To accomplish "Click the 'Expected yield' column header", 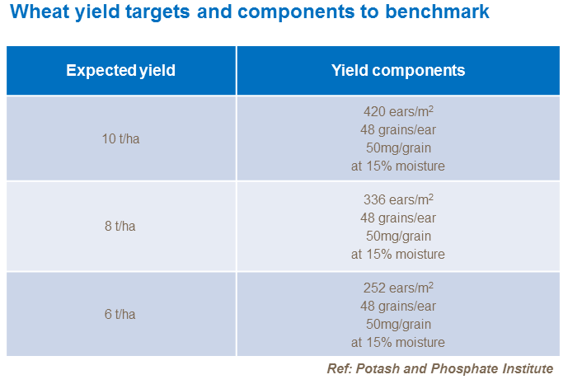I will click(120, 71).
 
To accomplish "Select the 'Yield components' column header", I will click(397, 71).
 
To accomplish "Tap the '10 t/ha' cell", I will click(120, 138).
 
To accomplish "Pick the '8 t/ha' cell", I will click(120, 227).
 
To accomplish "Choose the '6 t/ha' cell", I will click(120, 315).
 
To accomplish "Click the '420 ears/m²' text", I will click(397, 111).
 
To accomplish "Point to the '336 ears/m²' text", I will click(397, 199).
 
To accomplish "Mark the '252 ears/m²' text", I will click(397, 288).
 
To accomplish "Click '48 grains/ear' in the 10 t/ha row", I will click(397, 129).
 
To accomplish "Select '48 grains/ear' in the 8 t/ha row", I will click(397, 218).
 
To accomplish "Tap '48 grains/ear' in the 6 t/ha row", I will click(397, 306).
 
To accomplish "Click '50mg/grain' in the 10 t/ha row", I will click(397, 148).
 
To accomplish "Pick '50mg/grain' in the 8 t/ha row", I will click(397, 236).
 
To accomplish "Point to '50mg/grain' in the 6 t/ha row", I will click(397, 324).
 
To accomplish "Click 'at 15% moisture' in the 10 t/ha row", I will click(397, 166).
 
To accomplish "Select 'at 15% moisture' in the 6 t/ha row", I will click(397, 342).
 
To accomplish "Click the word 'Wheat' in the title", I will click(38, 12).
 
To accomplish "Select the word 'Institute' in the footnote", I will click(525, 368).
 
